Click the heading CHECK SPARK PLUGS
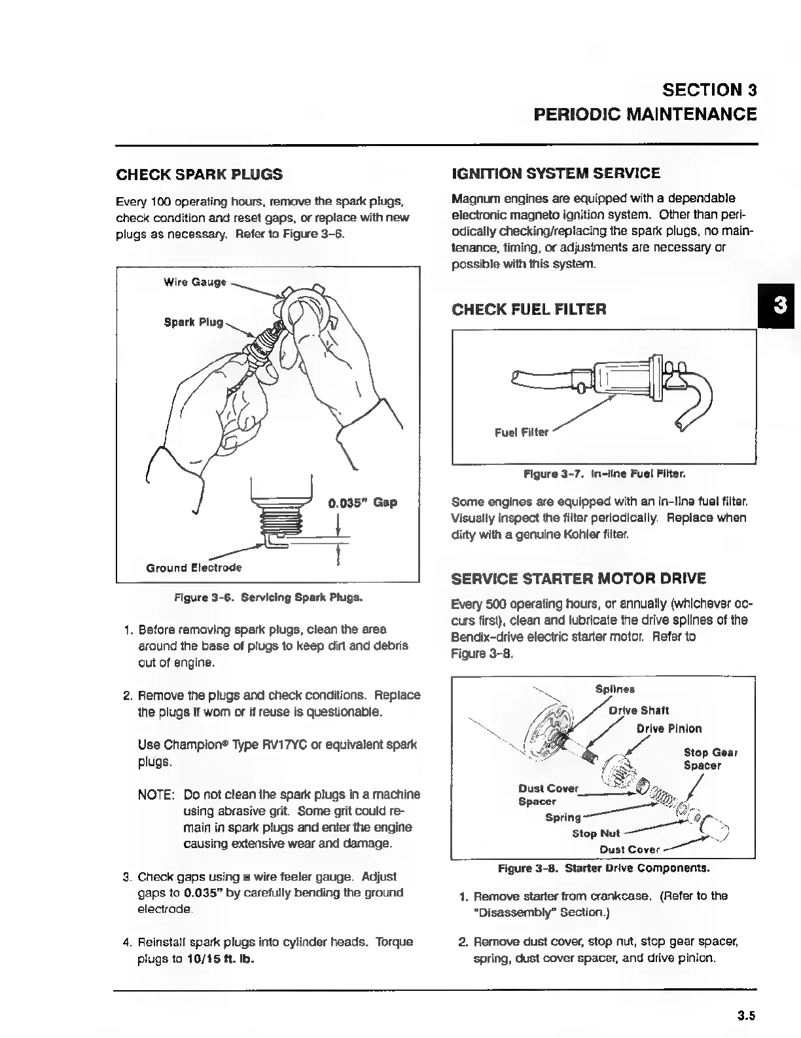[199, 174]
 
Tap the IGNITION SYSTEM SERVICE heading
[556, 174]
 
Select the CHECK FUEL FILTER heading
[529, 309]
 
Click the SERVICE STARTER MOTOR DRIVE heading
[578, 579]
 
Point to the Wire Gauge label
[194, 282]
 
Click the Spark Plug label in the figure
[193, 323]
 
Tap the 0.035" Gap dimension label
[362, 503]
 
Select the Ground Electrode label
[194, 568]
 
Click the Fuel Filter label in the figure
[521, 432]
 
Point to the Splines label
[614, 689]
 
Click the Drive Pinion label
[668, 729]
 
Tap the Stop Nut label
[596, 834]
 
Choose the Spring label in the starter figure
[563, 817]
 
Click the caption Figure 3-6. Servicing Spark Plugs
[268, 598]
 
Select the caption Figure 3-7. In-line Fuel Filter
[604, 473]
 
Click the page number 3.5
[746, 1016]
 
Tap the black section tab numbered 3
[779, 305]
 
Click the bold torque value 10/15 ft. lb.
[221, 959]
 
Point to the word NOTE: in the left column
[156, 795]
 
